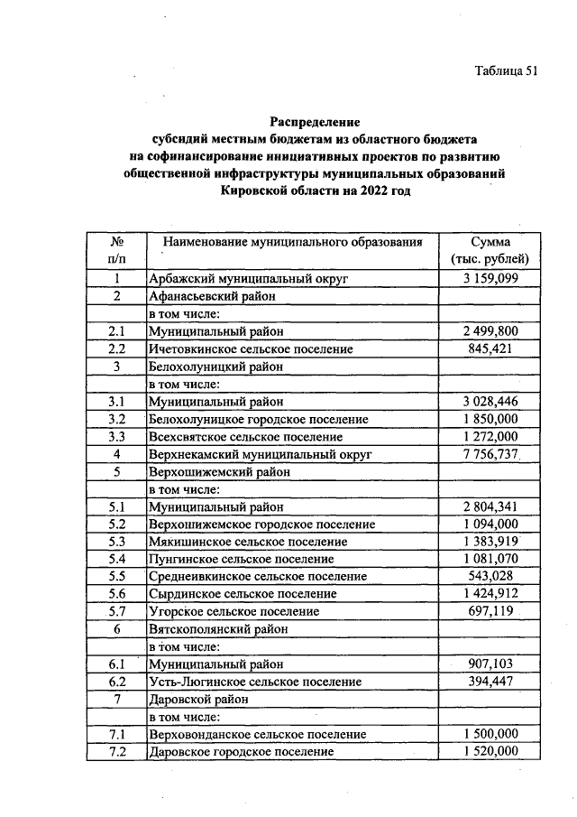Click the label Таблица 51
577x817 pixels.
505,73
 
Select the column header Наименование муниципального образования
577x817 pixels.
292,243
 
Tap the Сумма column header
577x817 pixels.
490,243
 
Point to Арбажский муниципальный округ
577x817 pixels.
248,278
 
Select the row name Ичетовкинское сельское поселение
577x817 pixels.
251,348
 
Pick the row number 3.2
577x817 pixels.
116,419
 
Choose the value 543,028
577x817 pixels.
490,576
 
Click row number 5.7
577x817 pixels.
116,611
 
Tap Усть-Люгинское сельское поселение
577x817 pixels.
255,682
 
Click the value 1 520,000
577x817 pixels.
490,751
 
